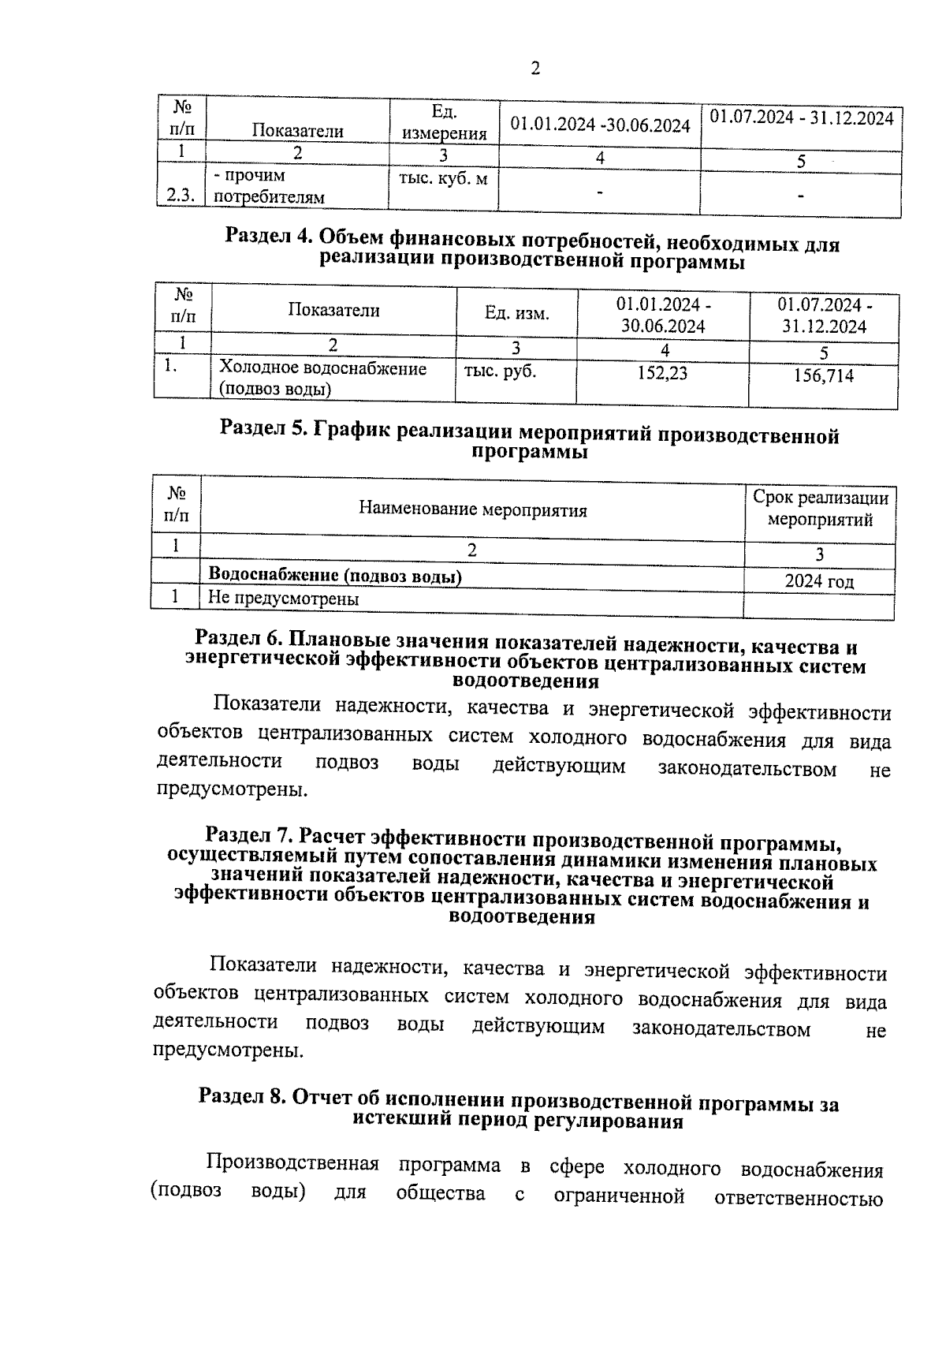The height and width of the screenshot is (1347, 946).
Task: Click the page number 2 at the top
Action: click(x=535, y=69)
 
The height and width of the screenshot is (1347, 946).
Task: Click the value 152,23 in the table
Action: click(x=662, y=373)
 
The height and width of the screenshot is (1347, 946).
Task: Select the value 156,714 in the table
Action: click(x=823, y=376)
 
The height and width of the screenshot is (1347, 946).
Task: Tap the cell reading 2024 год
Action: click(x=819, y=582)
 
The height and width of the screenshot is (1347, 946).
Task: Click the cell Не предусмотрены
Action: click(x=283, y=599)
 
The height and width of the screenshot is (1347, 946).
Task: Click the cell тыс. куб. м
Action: click(x=444, y=180)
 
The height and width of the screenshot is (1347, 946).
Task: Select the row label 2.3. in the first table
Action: click(x=181, y=196)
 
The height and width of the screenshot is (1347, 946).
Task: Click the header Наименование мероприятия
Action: click(x=472, y=510)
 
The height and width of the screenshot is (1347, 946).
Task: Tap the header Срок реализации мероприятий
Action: click(x=820, y=509)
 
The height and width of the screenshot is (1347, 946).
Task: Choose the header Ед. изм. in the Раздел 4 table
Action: click(x=516, y=314)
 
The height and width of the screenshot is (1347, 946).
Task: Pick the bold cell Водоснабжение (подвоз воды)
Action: click(x=334, y=576)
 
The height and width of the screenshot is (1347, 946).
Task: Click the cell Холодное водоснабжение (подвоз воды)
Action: click(x=322, y=379)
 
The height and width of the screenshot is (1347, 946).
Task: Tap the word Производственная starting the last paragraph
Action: click(x=292, y=1164)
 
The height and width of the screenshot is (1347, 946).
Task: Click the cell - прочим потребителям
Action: click(x=269, y=186)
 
